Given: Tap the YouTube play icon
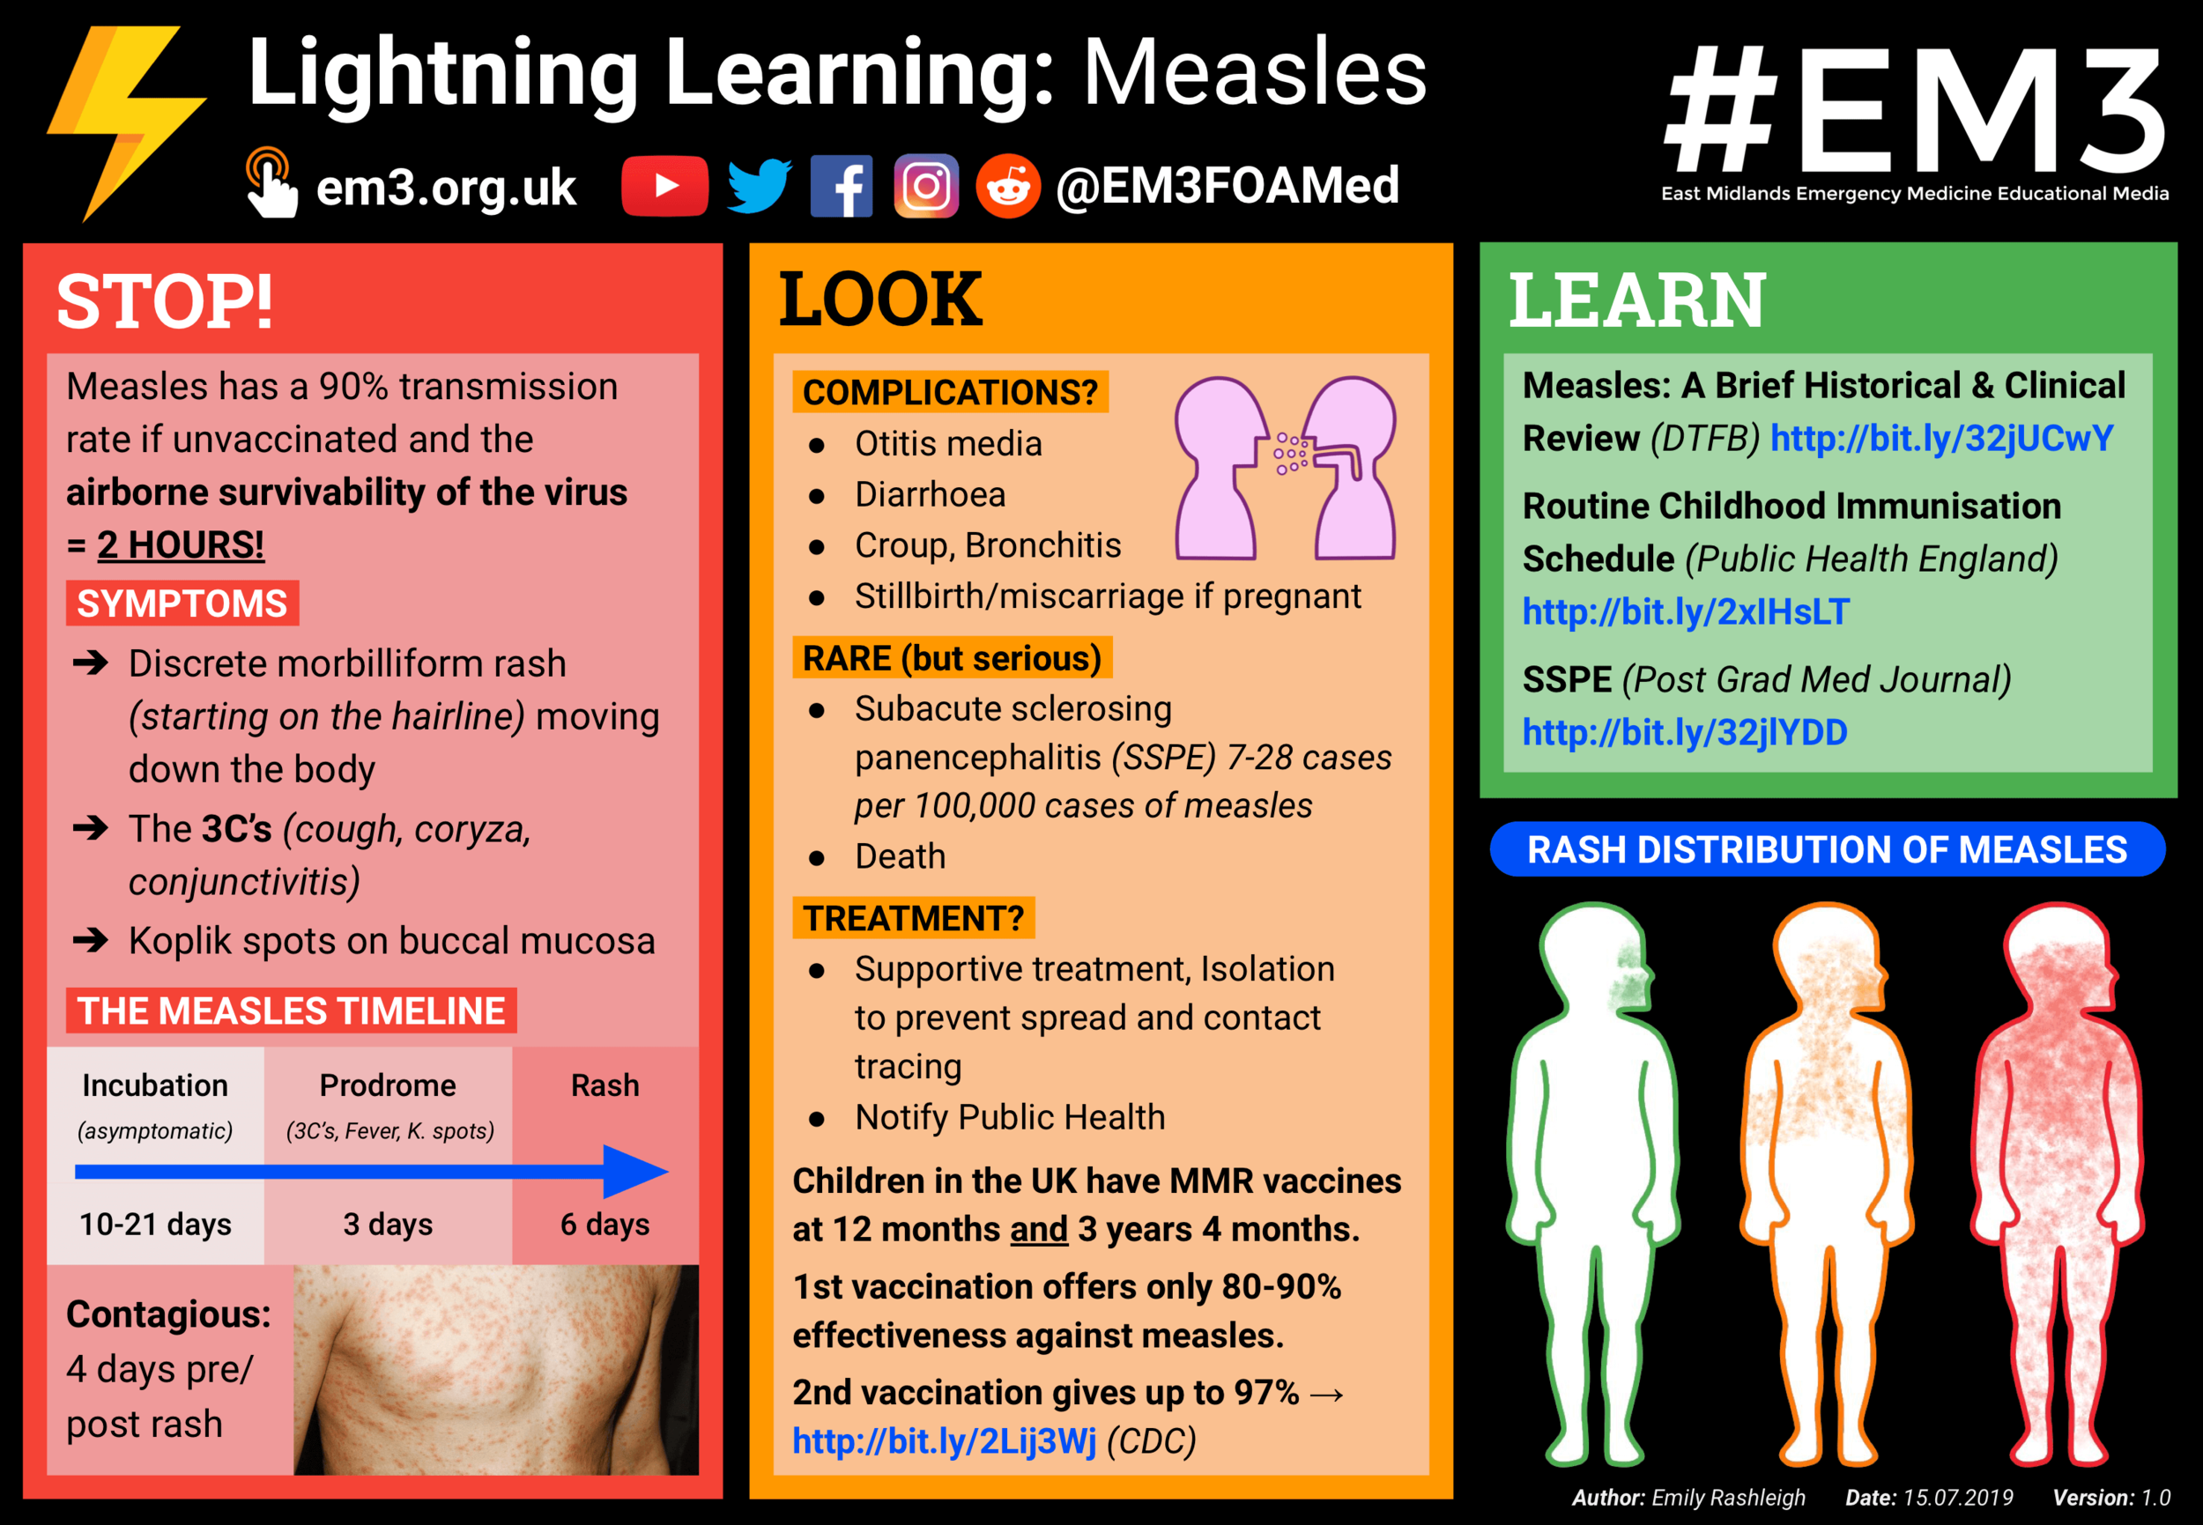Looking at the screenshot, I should [x=664, y=185].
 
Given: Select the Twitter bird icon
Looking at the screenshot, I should [x=758, y=185].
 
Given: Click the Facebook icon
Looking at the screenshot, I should [x=841, y=186].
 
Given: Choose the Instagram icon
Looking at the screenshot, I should [x=925, y=186].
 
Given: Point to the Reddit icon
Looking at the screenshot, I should [x=1007, y=186].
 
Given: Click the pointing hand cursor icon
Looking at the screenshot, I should [x=271, y=183].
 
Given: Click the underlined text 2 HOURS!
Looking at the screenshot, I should [x=181, y=544].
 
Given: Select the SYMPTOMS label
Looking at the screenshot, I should [x=182, y=603].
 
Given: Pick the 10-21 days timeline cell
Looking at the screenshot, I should [x=155, y=1224].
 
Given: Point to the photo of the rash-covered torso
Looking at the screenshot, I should [x=495, y=1369].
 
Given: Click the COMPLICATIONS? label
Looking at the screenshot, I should [x=950, y=393].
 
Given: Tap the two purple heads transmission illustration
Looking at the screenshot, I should [x=1285, y=468].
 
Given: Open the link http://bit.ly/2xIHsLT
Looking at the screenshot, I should [x=1685, y=611].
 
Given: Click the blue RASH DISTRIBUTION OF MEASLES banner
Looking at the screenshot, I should [x=1827, y=849].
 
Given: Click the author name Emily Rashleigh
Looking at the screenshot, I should [x=1728, y=1498].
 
